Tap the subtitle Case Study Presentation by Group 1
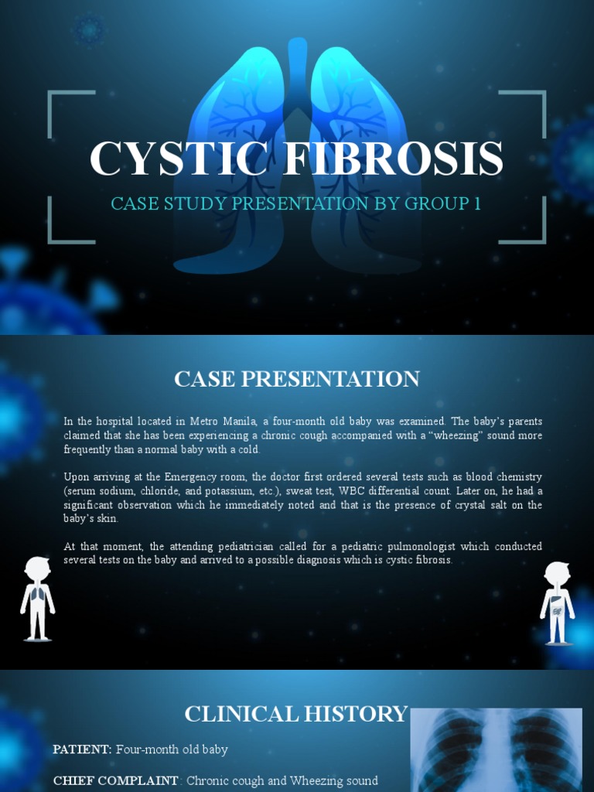[x=296, y=204]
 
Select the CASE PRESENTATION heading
[x=297, y=379]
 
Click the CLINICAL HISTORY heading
[x=295, y=714]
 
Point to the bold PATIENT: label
[x=83, y=749]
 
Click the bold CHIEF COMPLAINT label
[x=116, y=780]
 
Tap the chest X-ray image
[x=496, y=750]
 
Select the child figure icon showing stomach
[x=557, y=603]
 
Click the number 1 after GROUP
[x=477, y=204]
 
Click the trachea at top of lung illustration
[x=297, y=62]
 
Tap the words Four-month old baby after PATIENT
[x=172, y=749]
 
